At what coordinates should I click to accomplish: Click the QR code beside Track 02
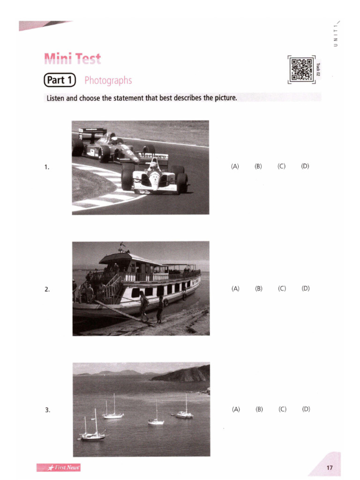coord(302,69)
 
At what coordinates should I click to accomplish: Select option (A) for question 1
coord(235,166)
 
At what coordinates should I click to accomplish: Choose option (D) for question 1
coord(305,166)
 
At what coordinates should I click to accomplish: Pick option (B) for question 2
coord(259,289)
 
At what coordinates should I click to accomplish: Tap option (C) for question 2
coord(282,289)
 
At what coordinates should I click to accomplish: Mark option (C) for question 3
coord(282,409)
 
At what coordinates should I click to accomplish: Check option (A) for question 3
coord(235,409)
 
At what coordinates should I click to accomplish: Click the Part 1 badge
coord(60,80)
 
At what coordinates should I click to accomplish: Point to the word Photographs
coord(108,81)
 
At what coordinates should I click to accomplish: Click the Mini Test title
coord(72,59)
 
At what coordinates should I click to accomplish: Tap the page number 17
coord(330,467)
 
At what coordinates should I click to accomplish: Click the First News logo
coord(59,467)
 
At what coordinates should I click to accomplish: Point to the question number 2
coord(47,289)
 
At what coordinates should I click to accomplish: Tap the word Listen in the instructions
coord(55,98)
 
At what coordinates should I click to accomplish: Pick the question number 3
coord(47,410)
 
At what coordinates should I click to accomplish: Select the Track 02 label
coord(318,69)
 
